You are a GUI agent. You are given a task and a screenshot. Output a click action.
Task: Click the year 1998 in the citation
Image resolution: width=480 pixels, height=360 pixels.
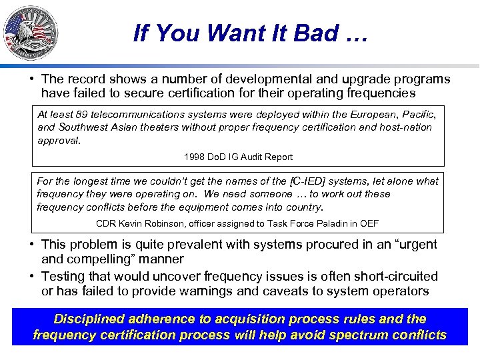click(195, 157)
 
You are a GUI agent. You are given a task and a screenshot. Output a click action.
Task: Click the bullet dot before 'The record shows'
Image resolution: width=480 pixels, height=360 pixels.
click(32, 79)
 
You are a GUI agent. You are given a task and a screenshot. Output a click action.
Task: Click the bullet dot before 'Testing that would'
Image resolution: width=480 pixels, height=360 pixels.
click(32, 276)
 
